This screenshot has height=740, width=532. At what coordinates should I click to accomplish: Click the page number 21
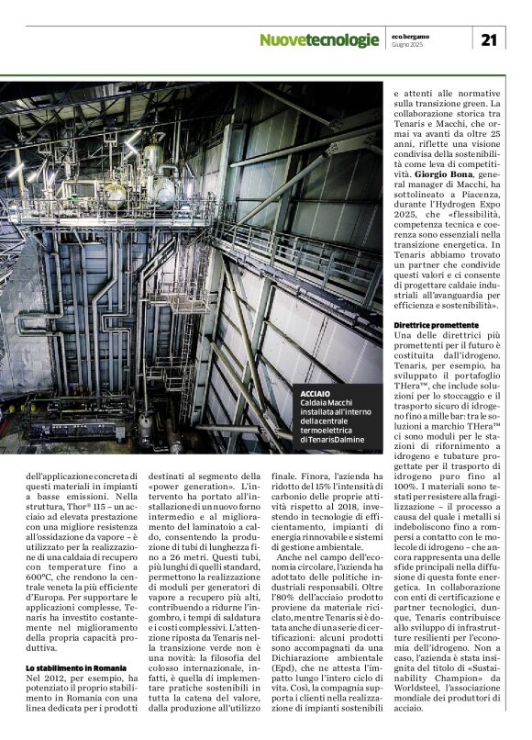point(489,39)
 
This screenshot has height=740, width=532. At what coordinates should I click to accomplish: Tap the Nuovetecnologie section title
point(318,40)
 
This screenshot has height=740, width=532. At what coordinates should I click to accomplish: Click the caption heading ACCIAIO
point(316,393)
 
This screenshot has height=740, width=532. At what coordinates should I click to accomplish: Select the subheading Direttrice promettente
point(437,325)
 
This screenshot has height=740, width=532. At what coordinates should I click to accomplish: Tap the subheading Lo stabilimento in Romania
point(73,667)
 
